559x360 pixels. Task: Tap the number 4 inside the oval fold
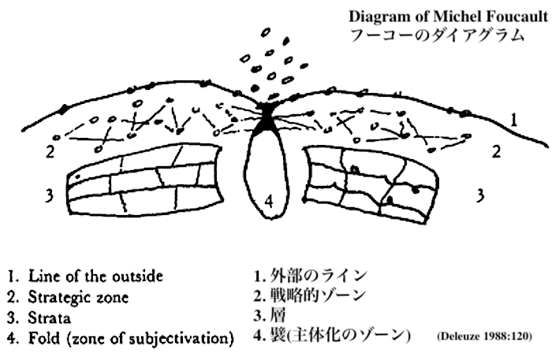tap(270, 201)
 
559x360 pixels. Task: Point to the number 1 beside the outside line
tap(513, 121)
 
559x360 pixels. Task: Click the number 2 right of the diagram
tap(496, 151)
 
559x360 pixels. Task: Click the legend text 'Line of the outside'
tap(95, 276)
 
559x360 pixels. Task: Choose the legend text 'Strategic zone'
tap(79, 298)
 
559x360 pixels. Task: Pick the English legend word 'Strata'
tap(50, 318)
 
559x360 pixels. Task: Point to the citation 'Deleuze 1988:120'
tap(483, 336)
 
